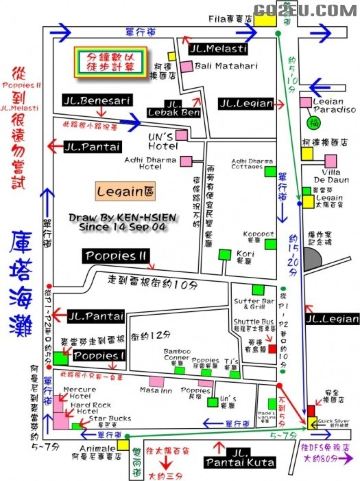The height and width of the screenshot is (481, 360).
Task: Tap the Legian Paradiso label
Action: tap(325, 104)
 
